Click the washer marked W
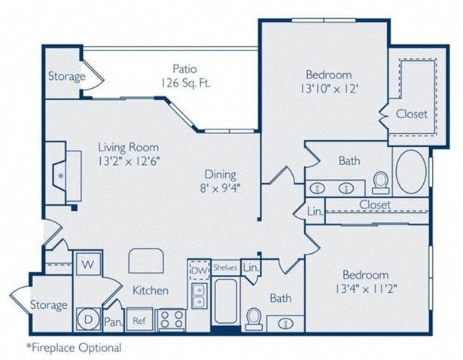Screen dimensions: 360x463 pyautogui.click(x=87, y=264)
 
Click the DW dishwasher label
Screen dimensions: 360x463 pyautogui.click(x=198, y=270)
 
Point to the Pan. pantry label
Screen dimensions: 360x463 pyautogui.click(x=112, y=322)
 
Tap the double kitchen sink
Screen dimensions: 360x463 pyautogui.click(x=198, y=295)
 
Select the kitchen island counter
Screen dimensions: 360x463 pyautogui.click(x=146, y=261)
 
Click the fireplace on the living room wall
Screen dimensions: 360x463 pyautogui.click(x=72, y=175)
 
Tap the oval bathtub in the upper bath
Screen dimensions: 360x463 pyautogui.click(x=410, y=172)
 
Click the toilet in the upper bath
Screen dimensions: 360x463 pyautogui.click(x=381, y=182)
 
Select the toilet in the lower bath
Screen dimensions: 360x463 pyautogui.click(x=254, y=319)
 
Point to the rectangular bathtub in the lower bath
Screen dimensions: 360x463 pyautogui.click(x=225, y=301)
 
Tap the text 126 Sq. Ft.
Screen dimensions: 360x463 pyautogui.click(x=185, y=83)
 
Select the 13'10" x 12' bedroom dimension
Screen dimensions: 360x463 pyautogui.click(x=328, y=89)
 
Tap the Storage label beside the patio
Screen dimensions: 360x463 pyautogui.click(x=66, y=76)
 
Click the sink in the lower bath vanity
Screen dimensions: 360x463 pyautogui.click(x=286, y=322)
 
